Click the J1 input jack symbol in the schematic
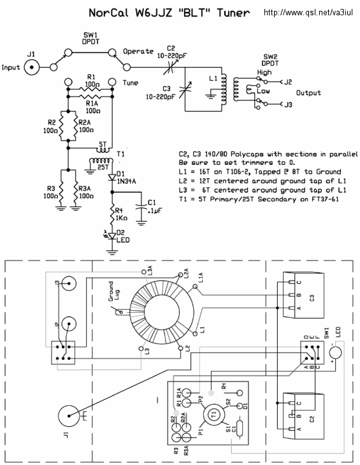(32, 68)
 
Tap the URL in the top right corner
(308, 13)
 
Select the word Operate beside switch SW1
(138, 52)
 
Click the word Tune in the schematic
(131, 83)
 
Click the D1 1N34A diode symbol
(112, 177)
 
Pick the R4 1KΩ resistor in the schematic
(112, 215)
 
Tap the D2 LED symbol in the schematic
(112, 236)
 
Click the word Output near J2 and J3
(308, 93)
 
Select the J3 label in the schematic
(288, 104)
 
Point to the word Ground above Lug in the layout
(111, 291)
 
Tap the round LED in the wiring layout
(335, 353)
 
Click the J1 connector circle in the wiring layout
(69, 416)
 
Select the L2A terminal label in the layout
(186, 273)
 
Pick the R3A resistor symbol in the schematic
(76, 189)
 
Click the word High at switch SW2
(264, 73)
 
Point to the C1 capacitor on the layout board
(240, 429)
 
